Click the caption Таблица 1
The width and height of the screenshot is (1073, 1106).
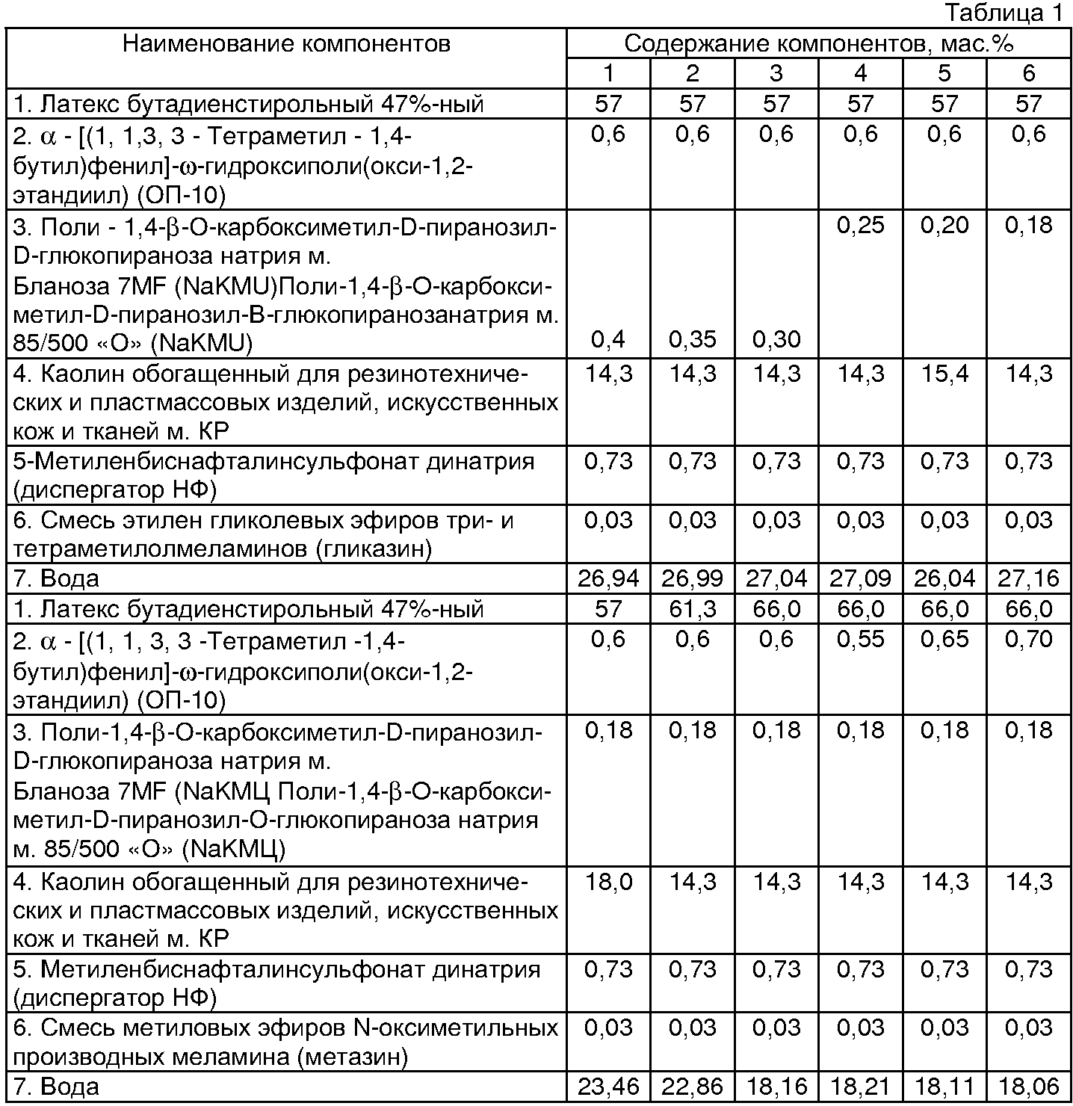click(1004, 13)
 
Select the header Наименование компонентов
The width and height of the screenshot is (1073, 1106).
click(286, 44)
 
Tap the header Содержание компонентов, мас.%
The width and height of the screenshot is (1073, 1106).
click(818, 44)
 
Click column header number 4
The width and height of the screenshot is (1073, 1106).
click(861, 72)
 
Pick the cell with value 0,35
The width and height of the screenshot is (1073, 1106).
click(692, 340)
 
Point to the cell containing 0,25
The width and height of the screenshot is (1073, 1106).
click(861, 225)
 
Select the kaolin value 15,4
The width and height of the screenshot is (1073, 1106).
click(944, 373)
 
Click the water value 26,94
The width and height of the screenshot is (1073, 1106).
click(608, 578)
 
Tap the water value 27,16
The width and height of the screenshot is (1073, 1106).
click(1029, 578)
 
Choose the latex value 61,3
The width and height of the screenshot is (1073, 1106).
click(692, 609)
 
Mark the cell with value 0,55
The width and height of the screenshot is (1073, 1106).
click(861, 640)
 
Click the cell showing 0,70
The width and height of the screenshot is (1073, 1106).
click(1029, 640)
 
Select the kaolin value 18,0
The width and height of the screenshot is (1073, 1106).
click(608, 882)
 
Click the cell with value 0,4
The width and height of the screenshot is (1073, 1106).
click(608, 340)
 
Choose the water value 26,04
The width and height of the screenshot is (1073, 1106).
click(944, 578)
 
